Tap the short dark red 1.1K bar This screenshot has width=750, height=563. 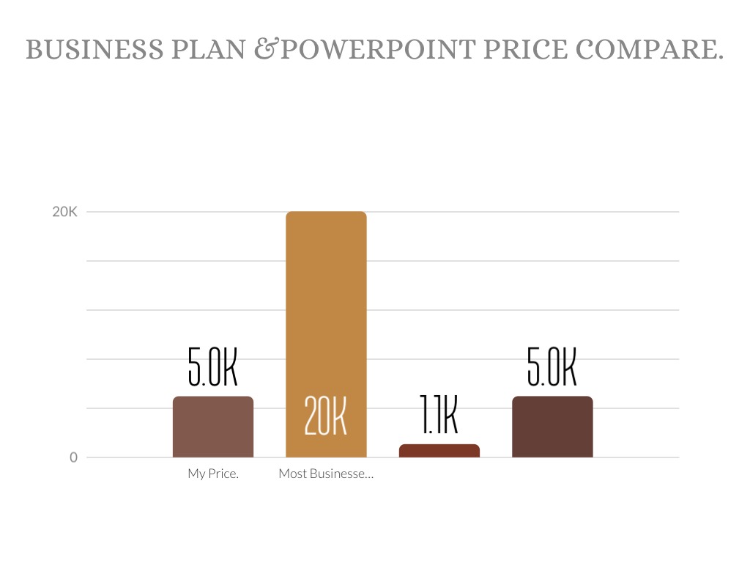click(439, 451)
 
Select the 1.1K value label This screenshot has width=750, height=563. click(439, 416)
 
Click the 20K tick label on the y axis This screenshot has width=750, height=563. click(64, 212)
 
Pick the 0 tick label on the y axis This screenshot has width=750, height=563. click(73, 457)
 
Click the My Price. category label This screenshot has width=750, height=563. click(213, 474)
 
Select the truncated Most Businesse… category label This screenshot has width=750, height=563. click(326, 474)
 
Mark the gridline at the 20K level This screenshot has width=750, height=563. click(513, 212)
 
